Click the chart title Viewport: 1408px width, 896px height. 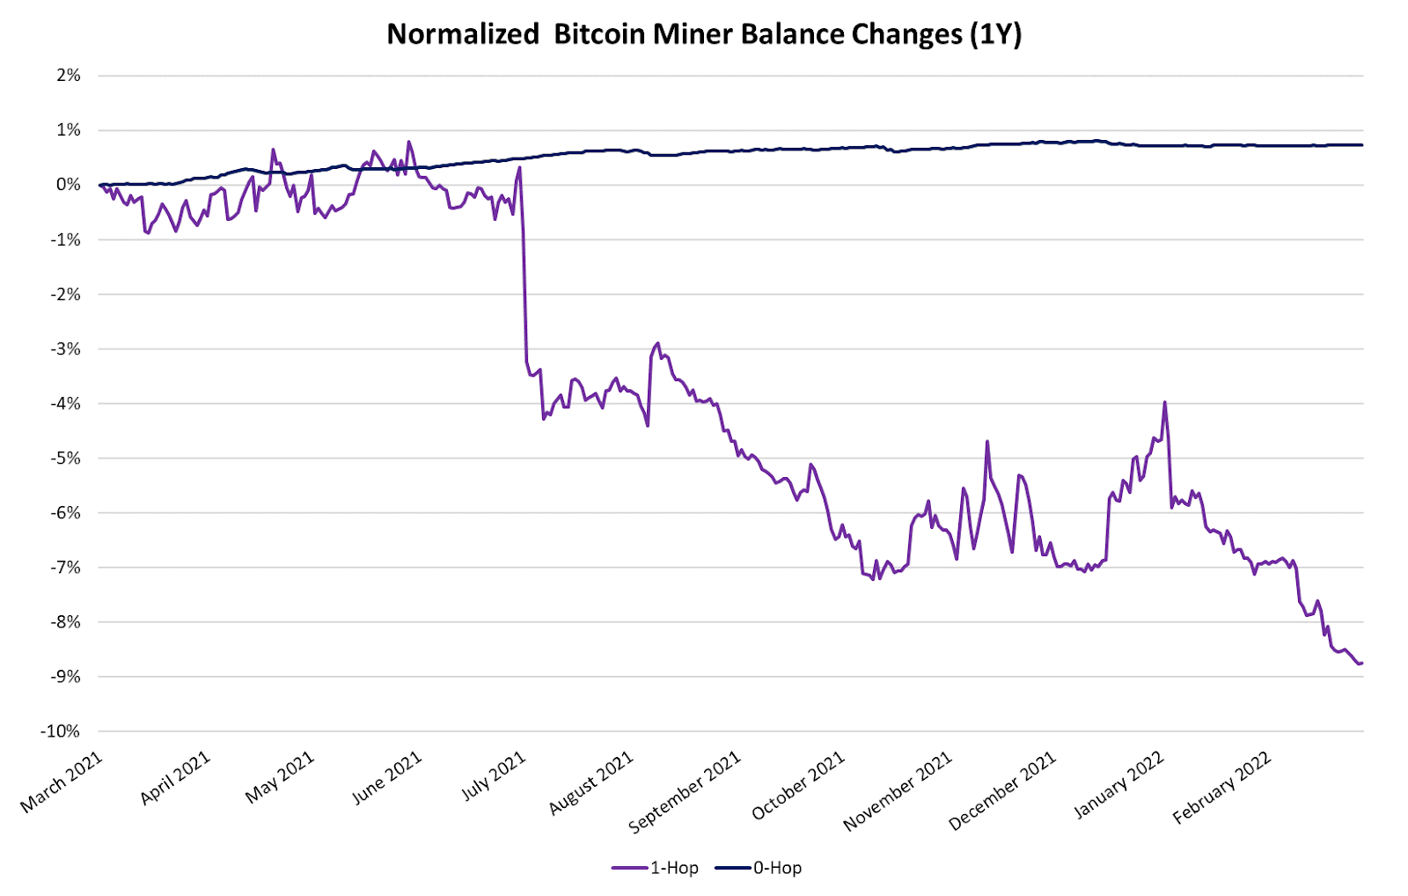click(704, 34)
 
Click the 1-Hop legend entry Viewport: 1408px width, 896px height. click(656, 868)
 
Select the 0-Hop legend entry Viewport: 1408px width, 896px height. click(759, 868)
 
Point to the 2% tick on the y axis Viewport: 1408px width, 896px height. click(69, 76)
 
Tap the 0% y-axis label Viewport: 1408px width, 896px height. click(69, 185)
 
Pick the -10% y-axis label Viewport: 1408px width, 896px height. click(61, 731)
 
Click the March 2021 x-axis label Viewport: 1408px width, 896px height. click(62, 782)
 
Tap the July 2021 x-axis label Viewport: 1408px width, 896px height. click(495, 776)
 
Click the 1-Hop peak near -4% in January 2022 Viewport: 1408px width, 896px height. click(1164, 402)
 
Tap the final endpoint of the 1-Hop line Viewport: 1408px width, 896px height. click(1361, 663)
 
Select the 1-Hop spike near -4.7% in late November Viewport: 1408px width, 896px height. click(987, 441)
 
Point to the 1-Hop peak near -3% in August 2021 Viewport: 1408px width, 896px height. click(657, 343)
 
